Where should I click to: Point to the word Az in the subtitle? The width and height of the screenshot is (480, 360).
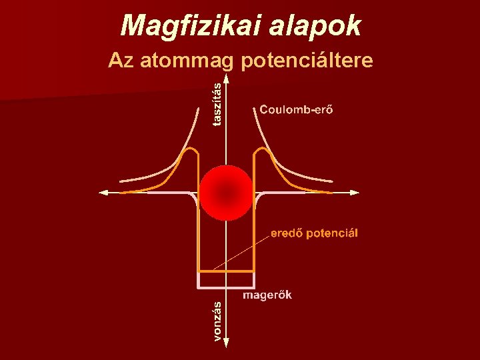[x=120, y=61]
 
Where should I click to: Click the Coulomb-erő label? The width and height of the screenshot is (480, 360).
[x=297, y=109]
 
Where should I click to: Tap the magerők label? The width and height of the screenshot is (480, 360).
[x=267, y=295]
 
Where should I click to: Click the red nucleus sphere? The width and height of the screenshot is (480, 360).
[x=227, y=193]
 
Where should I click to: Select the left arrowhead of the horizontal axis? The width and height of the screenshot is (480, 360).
[x=103, y=193]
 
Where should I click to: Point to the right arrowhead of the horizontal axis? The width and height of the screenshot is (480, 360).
[x=354, y=193]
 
